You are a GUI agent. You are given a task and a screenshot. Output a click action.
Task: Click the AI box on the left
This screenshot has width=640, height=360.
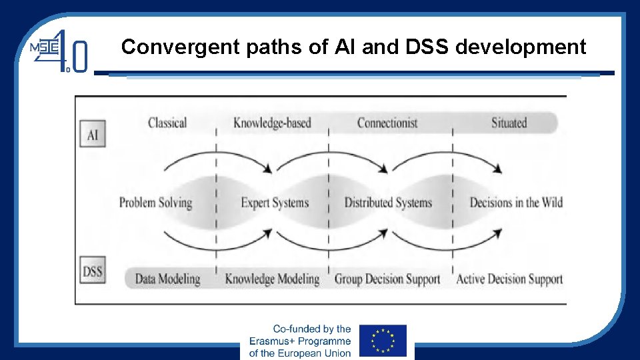click(92, 134)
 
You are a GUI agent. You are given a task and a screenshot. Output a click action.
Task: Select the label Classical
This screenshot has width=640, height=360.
click(167, 123)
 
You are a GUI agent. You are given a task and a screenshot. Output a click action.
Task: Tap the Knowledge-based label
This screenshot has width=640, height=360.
click(272, 123)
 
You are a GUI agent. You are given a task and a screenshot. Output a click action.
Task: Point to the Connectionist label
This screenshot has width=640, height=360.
click(387, 123)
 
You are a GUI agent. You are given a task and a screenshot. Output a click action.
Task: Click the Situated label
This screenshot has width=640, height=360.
click(509, 123)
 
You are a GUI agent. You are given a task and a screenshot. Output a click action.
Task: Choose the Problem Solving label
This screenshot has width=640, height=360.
click(155, 203)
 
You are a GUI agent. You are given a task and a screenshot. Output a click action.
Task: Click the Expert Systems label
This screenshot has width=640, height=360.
click(275, 203)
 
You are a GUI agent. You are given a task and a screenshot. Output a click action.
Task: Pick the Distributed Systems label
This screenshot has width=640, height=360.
click(388, 203)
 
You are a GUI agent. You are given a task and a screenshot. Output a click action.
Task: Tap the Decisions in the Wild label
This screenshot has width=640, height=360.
click(515, 203)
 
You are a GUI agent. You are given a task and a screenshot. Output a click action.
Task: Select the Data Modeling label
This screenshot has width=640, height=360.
click(167, 279)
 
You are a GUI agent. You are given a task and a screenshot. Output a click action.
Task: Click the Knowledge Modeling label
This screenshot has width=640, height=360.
click(272, 279)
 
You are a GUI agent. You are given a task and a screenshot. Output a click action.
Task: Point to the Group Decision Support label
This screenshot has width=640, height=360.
click(387, 279)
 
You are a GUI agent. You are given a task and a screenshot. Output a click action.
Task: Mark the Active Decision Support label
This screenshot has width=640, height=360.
click(509, 279)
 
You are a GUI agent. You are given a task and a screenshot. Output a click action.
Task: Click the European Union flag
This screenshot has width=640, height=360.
click(383, 341)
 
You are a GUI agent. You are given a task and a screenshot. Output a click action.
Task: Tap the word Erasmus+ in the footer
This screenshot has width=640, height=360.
click(273, 341)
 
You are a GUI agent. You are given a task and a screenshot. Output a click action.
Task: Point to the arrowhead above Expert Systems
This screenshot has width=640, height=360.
click(267, 169)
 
